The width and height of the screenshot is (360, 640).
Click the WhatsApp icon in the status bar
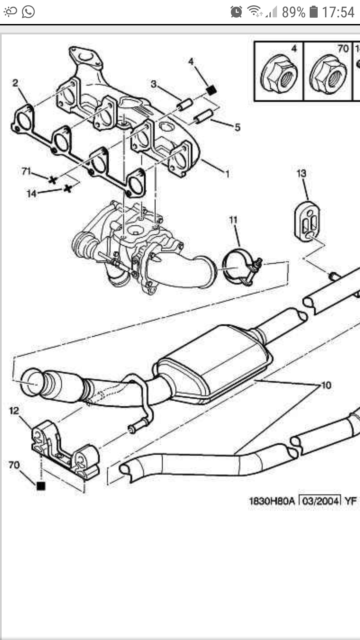28,12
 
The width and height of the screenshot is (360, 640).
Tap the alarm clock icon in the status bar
236,12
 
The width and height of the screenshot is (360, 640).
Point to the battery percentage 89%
293,12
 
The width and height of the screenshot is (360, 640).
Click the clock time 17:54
338,12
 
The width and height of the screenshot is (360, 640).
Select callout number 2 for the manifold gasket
15,83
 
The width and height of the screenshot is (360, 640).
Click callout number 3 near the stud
153,84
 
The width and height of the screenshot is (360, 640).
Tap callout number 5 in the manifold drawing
237,127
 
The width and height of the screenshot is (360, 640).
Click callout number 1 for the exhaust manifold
227,174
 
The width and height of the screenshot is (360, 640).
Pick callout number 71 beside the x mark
26,171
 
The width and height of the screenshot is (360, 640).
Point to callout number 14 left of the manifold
31,193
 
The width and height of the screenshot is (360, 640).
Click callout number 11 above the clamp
233,220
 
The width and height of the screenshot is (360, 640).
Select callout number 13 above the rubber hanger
301,173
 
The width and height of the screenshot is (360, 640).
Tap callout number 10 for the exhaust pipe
326,385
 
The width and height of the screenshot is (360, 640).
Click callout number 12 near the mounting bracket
14,411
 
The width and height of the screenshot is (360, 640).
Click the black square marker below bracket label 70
41,486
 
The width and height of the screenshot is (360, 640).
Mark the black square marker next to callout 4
210,90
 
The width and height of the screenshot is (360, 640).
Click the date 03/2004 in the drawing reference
320,501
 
